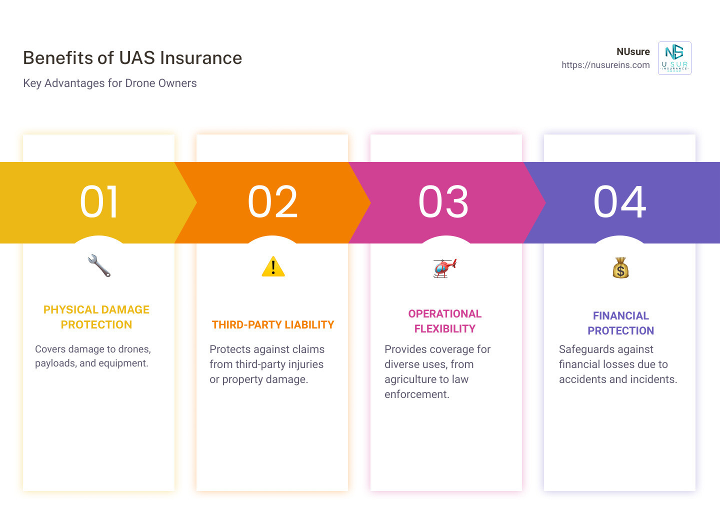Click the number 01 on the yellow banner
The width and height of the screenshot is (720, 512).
pos(99,202)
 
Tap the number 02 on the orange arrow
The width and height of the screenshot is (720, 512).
pos(272,202)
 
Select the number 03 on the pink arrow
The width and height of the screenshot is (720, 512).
pos(443,202)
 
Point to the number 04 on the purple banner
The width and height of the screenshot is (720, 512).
pos(619,202)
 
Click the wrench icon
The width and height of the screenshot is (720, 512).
pos(99,266)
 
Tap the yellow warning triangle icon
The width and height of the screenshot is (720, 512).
pos(273,266)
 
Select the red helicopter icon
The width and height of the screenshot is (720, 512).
pos(444,268)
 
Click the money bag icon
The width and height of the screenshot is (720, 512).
pos(620,268)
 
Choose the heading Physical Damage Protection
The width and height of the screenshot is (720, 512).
pos(96,317)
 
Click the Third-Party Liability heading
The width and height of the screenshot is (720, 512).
pos(272,325)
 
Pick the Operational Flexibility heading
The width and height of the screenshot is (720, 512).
pos(444,321)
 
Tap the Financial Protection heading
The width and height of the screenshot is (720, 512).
pos(620,323)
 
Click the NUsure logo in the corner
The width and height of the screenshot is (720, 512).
pos(674,58)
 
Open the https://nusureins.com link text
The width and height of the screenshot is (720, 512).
pos(605,65)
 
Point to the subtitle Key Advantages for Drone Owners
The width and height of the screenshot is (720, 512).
pos(110,83)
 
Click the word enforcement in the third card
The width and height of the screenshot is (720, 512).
pos(416,394)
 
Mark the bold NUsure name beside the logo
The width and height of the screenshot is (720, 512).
pos(633,51)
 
